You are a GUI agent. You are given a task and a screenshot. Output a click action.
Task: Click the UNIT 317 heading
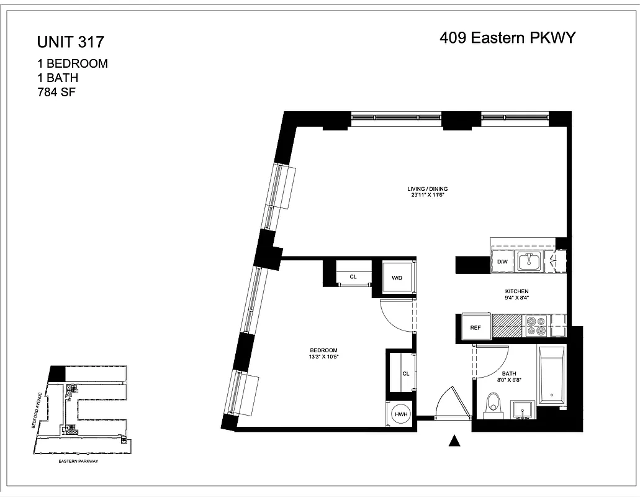point(70,42)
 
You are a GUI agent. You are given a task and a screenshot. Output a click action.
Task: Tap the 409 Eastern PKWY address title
point(508,39)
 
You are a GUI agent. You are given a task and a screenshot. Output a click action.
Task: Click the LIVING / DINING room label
point(427,189)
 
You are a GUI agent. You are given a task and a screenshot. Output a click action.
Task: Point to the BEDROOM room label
point(325,350)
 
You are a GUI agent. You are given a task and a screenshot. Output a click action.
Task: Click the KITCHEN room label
point(516,291)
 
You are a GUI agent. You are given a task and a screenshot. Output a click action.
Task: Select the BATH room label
point(510,374)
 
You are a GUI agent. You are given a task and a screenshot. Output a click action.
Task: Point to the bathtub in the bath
point(552,376)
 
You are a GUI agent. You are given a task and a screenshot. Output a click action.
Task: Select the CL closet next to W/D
point(353,276)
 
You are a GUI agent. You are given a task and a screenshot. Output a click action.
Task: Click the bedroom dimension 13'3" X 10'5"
point(325,357)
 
